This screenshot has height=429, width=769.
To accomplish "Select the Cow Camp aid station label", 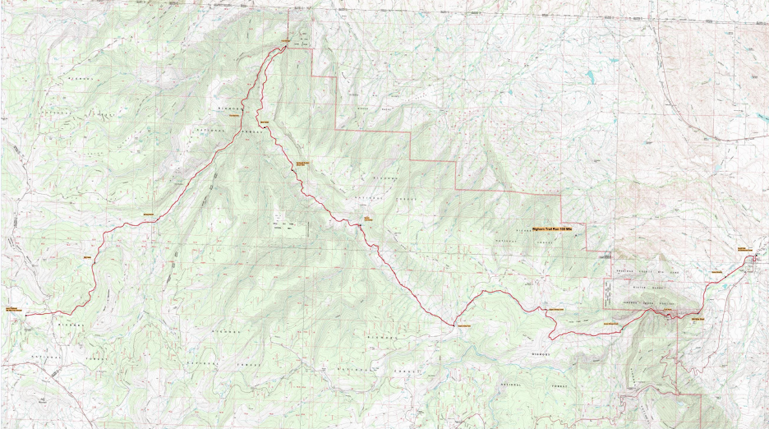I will (368, 218).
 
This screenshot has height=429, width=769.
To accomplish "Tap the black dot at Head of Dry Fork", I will (454, 323).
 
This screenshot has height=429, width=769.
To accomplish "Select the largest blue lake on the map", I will (589, 77).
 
